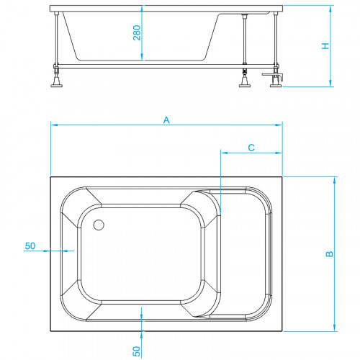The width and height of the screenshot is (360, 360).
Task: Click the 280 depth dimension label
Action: coord(137,32)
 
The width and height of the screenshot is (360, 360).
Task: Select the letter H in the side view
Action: coord(325,46)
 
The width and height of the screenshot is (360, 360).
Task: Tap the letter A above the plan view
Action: coord(166,120)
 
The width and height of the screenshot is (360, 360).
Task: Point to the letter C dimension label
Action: coord(251,148)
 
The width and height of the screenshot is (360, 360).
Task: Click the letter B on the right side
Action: coord(330,253)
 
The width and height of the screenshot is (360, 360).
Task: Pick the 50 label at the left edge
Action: coord(30,246)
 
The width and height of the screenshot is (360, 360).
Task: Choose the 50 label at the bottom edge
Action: coord(136,351)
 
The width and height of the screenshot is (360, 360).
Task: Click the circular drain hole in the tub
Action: coord(99,225)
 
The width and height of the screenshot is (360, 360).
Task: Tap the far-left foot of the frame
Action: coord(57,81)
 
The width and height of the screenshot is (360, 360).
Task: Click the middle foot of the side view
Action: coord(245,81)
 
